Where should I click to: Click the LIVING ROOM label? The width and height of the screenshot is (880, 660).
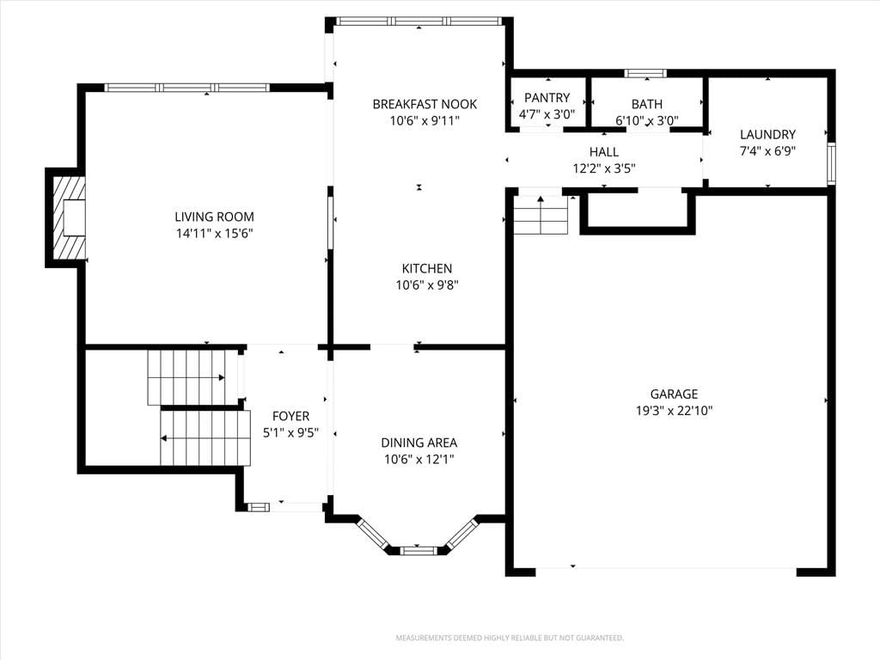[214, 217]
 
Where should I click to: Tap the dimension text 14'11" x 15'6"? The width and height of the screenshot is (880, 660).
[214, 234]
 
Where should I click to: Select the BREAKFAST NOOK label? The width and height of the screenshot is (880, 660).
[425, 104]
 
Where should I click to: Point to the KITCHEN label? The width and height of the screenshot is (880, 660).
[427, 268]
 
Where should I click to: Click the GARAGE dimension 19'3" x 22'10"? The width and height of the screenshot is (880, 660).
[674, 410]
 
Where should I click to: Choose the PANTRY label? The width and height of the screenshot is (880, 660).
[547, 98]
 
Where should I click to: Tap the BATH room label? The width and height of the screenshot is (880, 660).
[647, 104]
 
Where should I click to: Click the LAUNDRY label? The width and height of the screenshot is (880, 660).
[767, 134]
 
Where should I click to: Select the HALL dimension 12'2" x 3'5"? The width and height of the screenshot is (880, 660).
[604, 168]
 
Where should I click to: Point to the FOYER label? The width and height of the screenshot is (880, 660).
[290, 416]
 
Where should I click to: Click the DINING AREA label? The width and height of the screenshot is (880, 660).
[419, 443]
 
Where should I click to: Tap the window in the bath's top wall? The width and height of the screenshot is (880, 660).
[645, 73]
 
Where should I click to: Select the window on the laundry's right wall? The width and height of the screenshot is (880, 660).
[832, 163]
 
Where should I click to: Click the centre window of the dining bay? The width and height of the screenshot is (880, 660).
[417, 550]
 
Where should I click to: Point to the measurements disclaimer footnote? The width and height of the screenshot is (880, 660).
[510, 639]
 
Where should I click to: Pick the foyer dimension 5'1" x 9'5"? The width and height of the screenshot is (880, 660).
[290, 433]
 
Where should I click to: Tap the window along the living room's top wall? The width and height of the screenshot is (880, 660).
[187, 88]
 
